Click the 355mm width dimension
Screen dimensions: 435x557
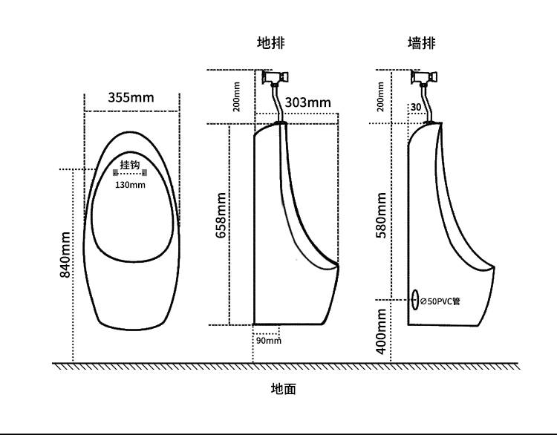[131, 97]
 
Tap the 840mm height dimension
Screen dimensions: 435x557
[65, 255]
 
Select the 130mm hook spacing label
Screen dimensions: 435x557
[130, 185]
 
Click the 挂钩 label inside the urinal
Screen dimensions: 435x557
[130, 164]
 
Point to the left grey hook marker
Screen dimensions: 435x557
[115, 172]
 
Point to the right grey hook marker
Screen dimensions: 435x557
[145, 172]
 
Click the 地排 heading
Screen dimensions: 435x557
[271, 43]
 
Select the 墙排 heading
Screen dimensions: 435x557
[421, 43]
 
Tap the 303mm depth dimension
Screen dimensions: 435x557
[307, 102]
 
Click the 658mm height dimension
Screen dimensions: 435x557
[221, 215]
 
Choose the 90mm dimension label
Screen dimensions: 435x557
[269, 341]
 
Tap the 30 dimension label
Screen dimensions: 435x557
[415, 107]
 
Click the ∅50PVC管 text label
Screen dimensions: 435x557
[441, 301]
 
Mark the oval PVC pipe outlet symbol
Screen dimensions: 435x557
[414, 301]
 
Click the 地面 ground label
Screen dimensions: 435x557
[283, 388]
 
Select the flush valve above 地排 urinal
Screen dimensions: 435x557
[276, 76]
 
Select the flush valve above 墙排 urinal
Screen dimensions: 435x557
[426, 76]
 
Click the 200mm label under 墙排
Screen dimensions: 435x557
[381, 96]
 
